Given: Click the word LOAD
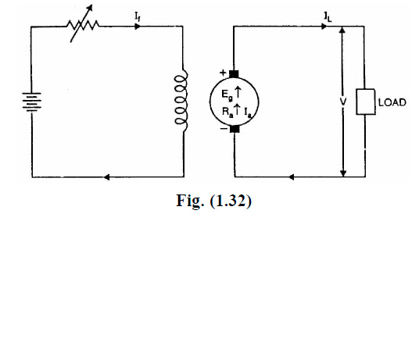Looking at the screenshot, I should pos(390,102).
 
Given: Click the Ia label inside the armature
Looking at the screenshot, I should pos(247,113).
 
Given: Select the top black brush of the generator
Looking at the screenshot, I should pos(234,74).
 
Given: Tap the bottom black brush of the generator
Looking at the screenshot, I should pos(234,130).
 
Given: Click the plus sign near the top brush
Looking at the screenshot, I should pos(223,72).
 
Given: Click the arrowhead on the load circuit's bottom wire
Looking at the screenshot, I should pos(292,176).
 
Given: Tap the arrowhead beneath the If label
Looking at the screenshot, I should pos(138,26).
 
